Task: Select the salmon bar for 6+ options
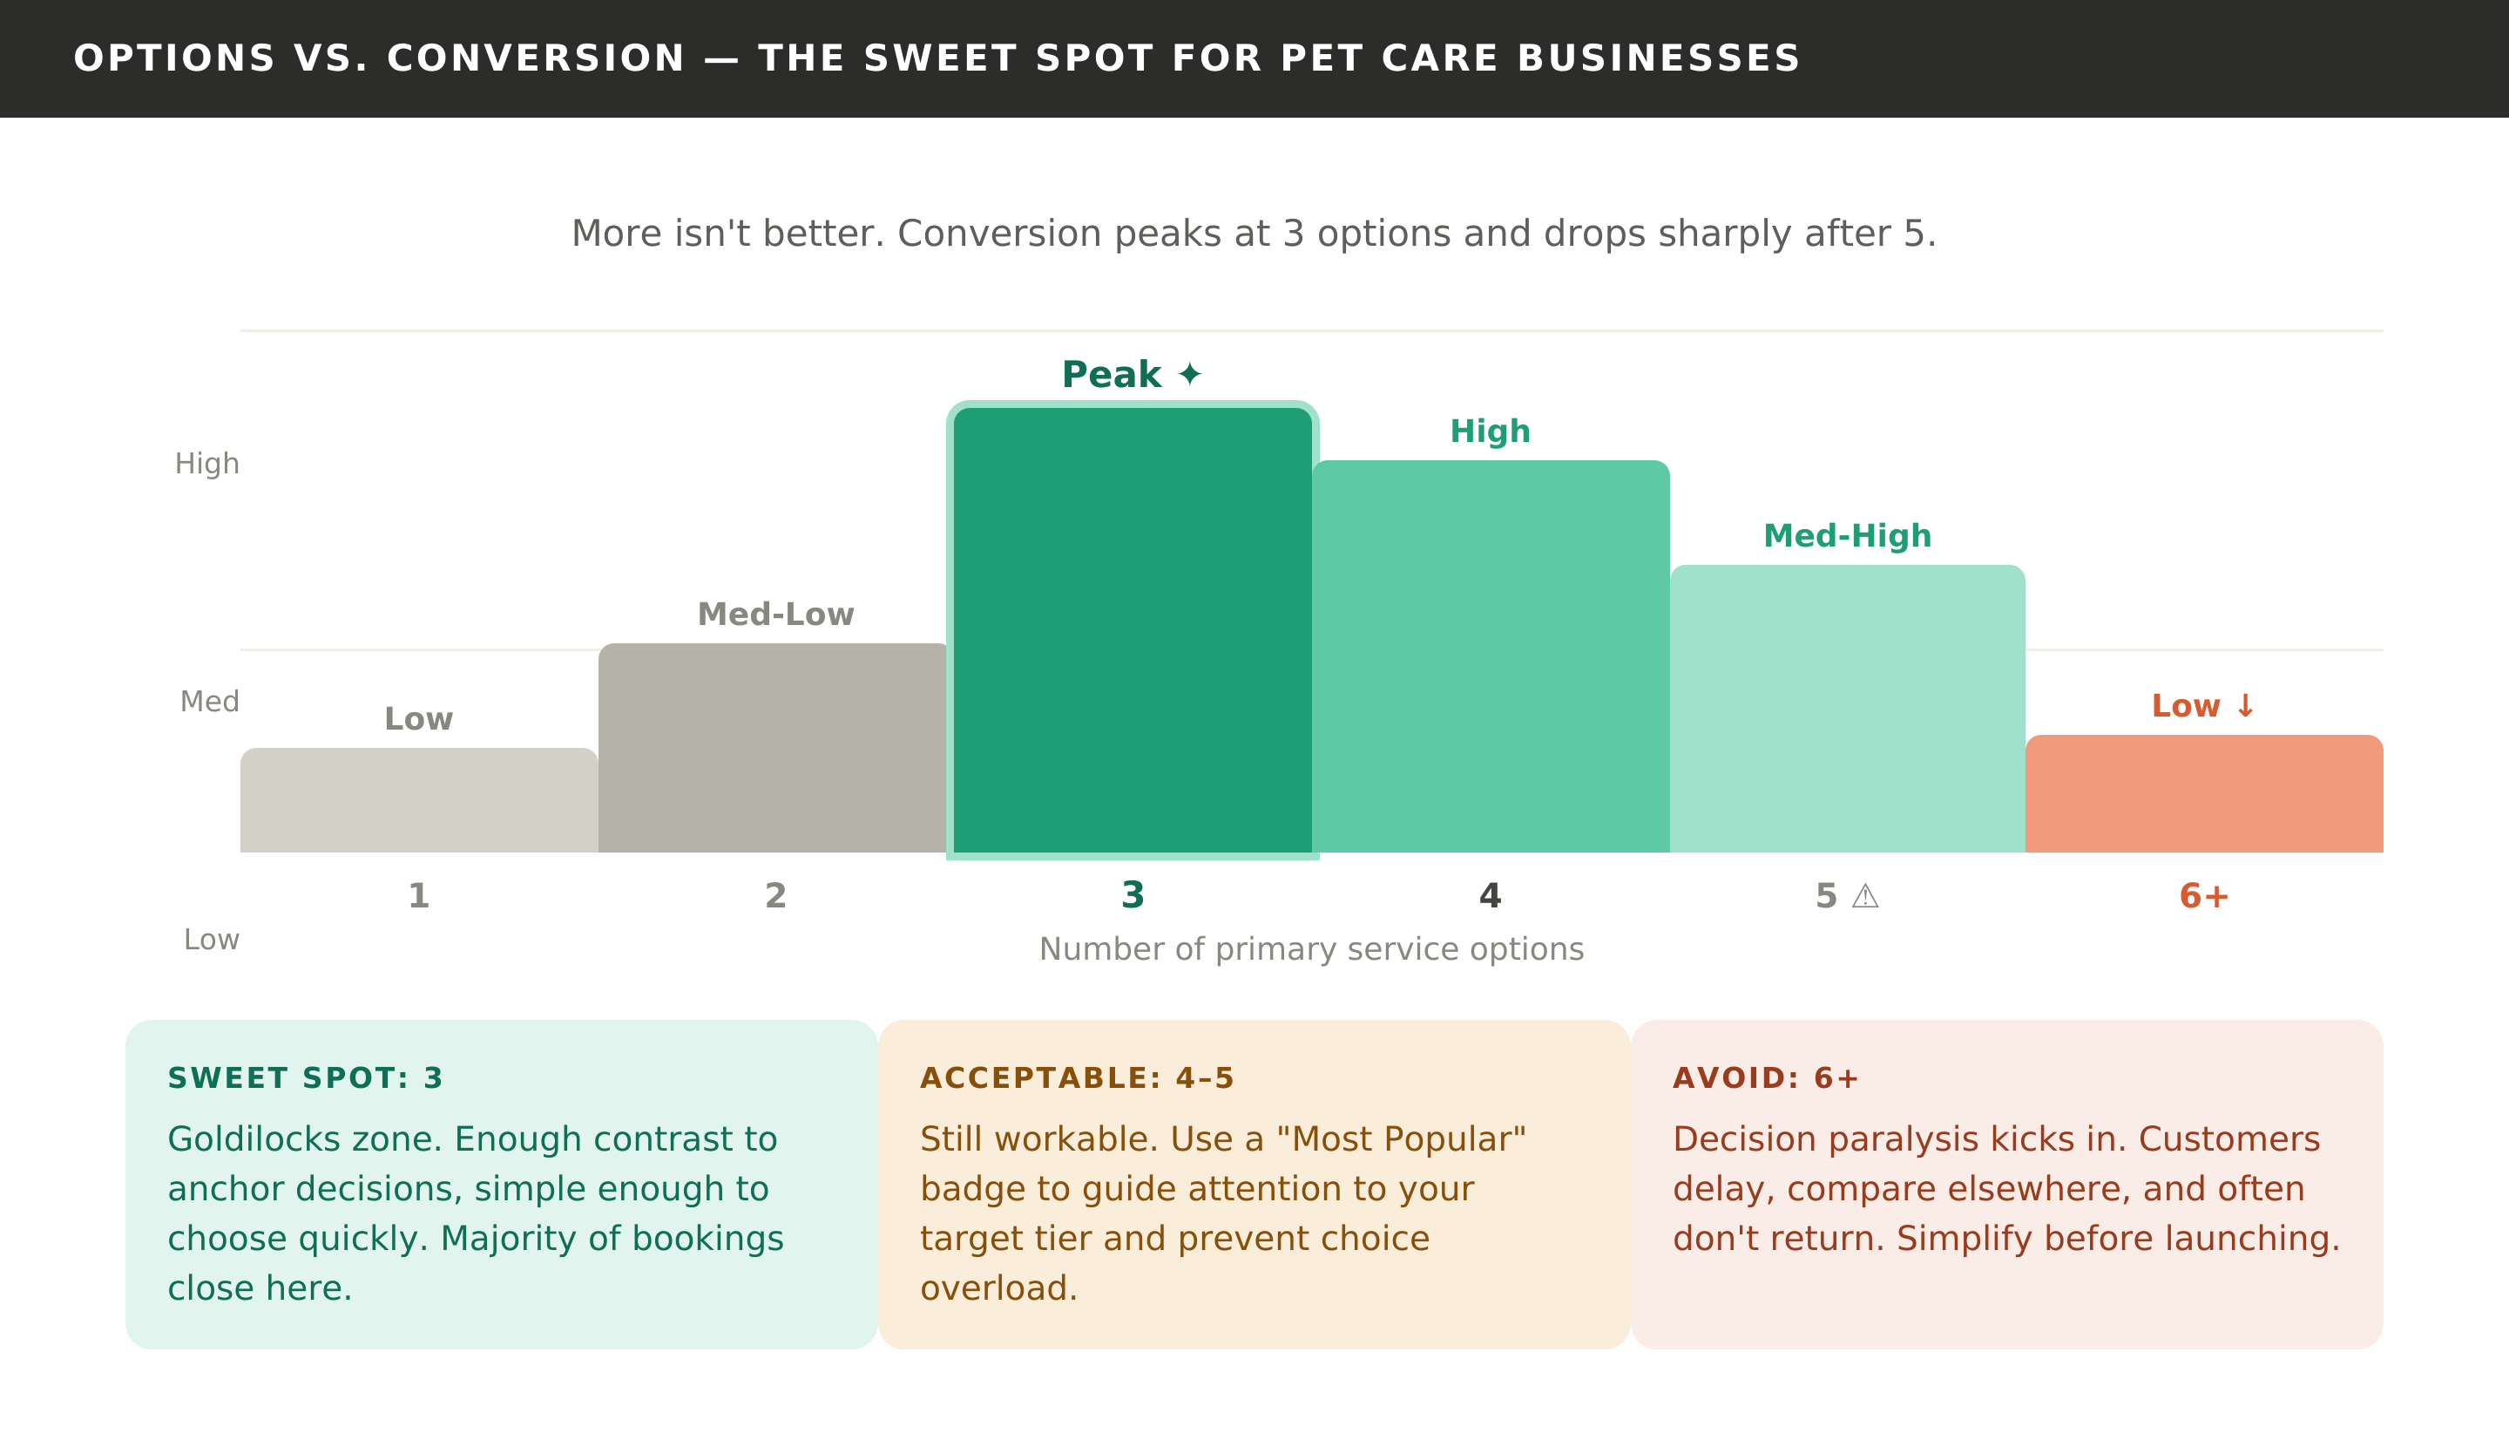tap(2203, 795)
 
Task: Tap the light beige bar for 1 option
tap(418, 801)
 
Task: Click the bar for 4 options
tap(1490, 657)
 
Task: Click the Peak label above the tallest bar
tap(1111, 376)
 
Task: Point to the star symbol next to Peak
tap(1189, 376)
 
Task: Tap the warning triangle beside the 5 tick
tap(1865, 897)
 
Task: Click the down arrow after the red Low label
tap(2245, 706)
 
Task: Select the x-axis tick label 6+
tap(2203, 897)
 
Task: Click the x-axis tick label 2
tap(775, 897)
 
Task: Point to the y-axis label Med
tap(209, 702)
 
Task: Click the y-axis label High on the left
tap(207, 464)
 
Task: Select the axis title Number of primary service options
tap(1311, 949)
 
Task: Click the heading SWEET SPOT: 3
tap(305, 1078)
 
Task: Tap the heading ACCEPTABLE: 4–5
tap(1076, 1078)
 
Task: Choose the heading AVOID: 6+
tap(1765, 1078)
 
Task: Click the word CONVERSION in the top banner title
tap(536, 58)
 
